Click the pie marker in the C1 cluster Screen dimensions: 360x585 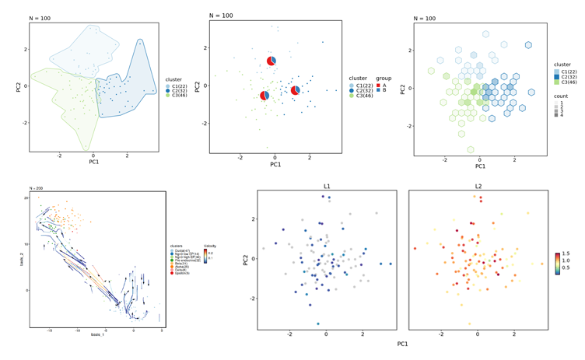tap(271, 61)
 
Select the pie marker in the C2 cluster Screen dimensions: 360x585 tap(296, 91)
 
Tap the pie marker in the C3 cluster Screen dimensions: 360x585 tap(264, 96)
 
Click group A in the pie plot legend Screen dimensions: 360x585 tap(385, 85)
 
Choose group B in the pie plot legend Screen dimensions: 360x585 tap(385, 90)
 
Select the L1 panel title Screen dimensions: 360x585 tap(327, 187)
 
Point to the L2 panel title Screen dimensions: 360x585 tap(478, 187)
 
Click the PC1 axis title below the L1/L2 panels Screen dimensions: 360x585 tap(402, 343)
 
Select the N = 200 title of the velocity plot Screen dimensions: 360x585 tap(37, 188)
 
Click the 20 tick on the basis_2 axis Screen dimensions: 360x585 tap(26, 198)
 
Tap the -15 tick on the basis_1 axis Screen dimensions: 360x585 tap(50, 329)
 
